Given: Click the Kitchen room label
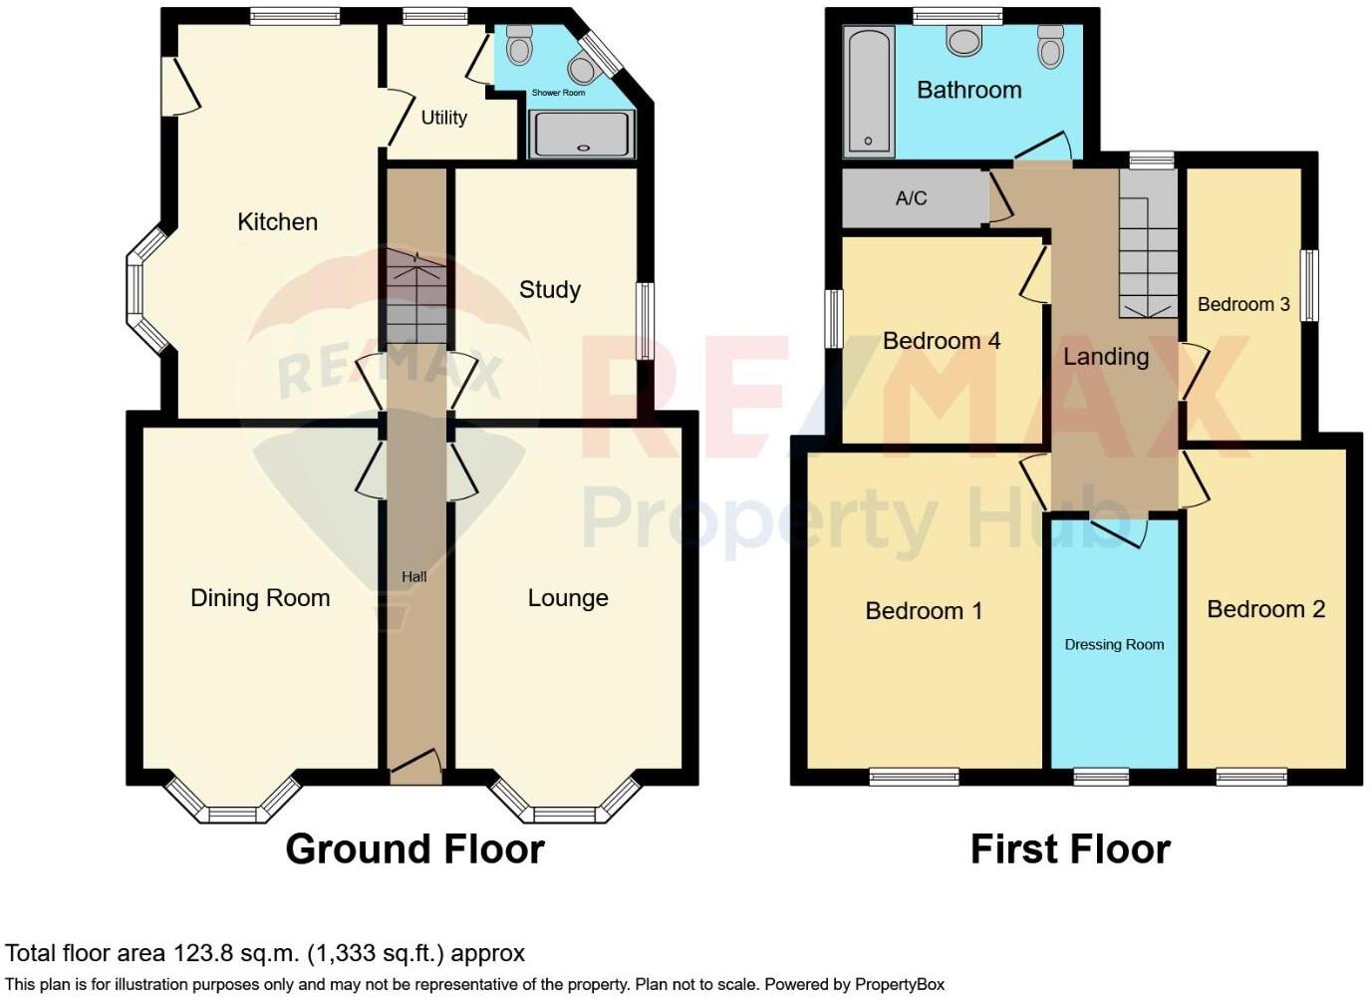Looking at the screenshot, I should pyautogui.click(x=277, y=221).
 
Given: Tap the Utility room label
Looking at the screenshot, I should pyautogui.click(x=443, y=118).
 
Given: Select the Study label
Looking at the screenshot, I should pyautogui.click(x=549, y=290).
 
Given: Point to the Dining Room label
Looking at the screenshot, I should pyautogui.click(x=260, y=598).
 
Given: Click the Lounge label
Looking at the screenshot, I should pyautogui.click(x=568, y=598).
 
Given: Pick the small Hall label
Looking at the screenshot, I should pyautogui.click(x=414, y=576).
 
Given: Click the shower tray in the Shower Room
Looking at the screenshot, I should pyautogui.click(x=582, y=134).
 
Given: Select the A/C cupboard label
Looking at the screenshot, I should pyautogui.click(x=911, y=198).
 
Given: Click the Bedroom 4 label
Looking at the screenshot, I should pyautogui.click(x=941, y=341).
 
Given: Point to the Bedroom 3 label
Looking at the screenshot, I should pyautogui.click(x=1243, y=304).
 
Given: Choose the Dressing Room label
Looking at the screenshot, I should pyautogui.click(x=1114, y=645).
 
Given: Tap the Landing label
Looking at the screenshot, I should pyautogui.click(x=1106, y=357).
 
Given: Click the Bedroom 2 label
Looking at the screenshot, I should pyautogui.click(x=1265, y=609).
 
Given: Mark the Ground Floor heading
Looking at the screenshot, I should pyautogui.click(x=414, y=849).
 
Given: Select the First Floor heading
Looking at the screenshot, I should pyautogui.click(x=1070, y=849).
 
